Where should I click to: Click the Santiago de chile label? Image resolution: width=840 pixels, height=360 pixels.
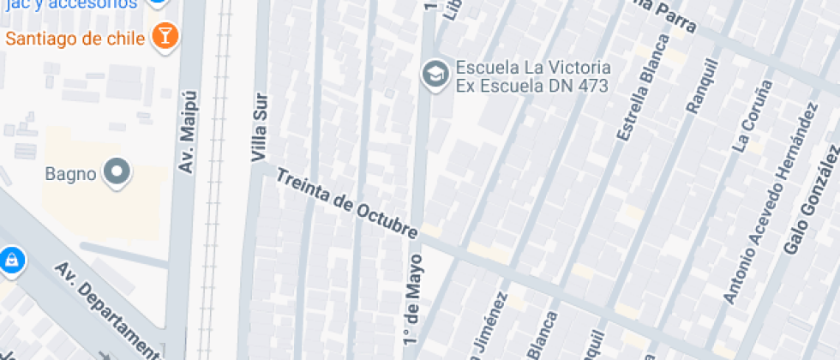tap(76, 38)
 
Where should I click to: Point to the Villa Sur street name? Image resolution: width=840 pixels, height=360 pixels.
tap(259, 128)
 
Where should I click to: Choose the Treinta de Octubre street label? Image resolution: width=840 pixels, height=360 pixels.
tap(346, 203)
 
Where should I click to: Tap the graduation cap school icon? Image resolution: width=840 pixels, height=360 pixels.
tap(435, 75)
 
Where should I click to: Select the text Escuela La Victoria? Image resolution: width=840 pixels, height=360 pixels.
tap(533, 67)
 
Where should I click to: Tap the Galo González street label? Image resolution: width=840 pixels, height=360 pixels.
tap(811, 200)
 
